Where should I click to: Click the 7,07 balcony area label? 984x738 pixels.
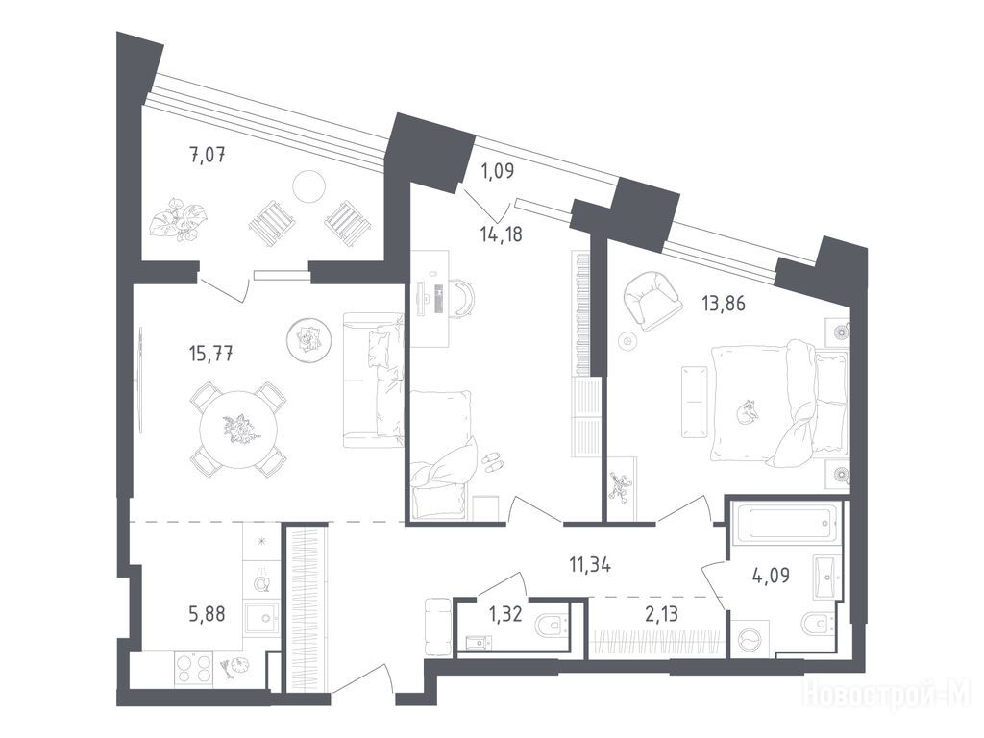click(208, 154)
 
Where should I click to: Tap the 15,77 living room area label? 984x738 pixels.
click(210, 354)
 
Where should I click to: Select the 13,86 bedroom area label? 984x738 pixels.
click(724, 304)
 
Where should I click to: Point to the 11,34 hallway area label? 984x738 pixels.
click(590, 565)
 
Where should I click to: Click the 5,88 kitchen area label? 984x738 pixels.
click(208, 612)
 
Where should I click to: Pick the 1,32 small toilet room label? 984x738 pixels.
click(505, 613)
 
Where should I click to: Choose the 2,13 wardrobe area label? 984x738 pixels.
click(661, 613)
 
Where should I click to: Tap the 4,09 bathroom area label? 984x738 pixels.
click(772, 575)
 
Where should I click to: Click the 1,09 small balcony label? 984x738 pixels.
click(497, 171)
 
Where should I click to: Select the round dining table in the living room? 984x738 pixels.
click(238, 430)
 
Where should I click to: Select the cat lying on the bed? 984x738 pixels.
click(747, 413)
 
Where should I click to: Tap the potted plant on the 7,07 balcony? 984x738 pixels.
click(178, 220)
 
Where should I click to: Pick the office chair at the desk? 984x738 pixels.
click(462, 299)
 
